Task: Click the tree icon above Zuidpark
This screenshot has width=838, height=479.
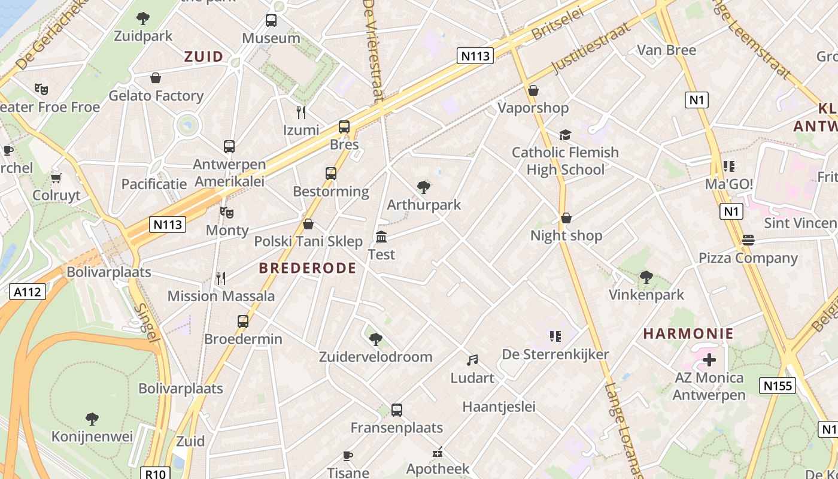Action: coord(143,19)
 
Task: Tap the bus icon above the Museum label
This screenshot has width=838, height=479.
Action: coord(271,21)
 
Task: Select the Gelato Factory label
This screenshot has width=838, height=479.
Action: coord(156,96)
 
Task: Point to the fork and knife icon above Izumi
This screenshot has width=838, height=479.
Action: coord(301,112)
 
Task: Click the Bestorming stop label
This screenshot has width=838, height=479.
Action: coord(330,192)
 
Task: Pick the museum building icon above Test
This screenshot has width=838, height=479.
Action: coord(381,237)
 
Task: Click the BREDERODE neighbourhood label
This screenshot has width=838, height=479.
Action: coord(308,268)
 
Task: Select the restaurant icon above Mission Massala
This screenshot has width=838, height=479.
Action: coord(221,278)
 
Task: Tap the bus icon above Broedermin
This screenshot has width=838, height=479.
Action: coord(243,322)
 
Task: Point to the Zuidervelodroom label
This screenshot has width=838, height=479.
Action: coord(375,357)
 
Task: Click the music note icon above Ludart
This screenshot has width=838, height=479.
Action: coord(472,360)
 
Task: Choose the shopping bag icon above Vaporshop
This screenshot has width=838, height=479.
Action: coord(533,90)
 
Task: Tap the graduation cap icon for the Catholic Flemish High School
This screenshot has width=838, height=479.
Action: coord(565,135)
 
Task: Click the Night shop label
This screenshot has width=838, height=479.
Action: coord(566,235)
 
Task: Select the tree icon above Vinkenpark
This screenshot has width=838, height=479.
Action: coord(646,277)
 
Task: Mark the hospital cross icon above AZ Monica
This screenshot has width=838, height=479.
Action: coord(709,360)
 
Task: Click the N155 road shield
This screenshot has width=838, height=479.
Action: coord(778,386)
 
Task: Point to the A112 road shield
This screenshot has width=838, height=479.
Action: coord(28,292)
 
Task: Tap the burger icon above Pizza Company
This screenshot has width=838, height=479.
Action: coord(748,240)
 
